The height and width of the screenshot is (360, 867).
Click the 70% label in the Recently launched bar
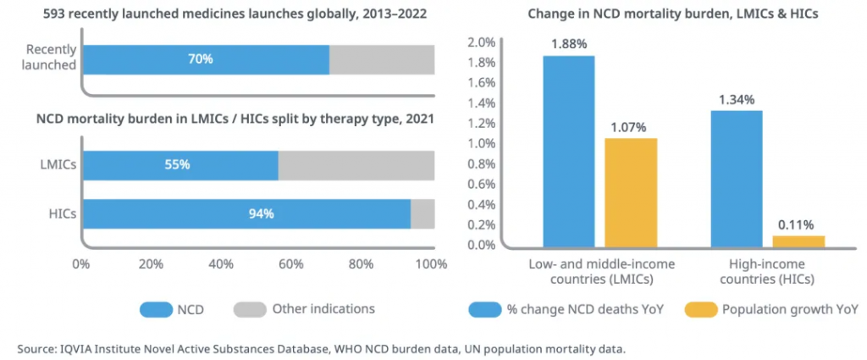201,59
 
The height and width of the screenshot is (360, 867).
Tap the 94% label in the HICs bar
261,213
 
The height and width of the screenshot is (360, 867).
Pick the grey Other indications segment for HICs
422,213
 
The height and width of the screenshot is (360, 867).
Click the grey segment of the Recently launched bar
382,59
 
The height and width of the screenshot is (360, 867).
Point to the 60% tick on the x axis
290,263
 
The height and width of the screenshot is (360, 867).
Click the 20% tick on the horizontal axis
151,263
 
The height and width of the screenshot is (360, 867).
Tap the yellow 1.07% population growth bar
631,192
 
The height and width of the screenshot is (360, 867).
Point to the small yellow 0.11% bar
798,241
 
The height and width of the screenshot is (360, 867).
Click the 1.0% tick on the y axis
482,143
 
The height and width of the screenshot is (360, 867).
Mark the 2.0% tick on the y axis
482,42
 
